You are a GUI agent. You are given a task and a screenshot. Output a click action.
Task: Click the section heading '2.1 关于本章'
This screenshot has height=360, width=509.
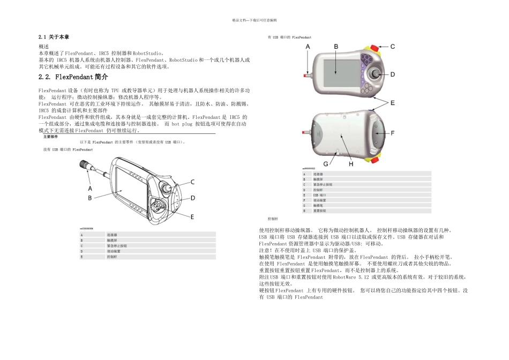point(54,37)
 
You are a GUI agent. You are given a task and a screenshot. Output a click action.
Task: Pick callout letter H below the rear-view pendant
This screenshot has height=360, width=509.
point(351,164)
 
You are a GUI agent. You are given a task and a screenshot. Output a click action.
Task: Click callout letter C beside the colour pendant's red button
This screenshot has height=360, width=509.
point(392,47)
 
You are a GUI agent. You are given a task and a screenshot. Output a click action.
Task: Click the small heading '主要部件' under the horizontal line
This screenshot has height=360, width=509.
point(51,137)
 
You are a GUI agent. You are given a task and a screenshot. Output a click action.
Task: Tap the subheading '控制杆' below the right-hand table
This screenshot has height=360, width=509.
point(273,219)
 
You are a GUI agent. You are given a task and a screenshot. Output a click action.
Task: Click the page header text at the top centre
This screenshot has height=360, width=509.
point(254,20)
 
